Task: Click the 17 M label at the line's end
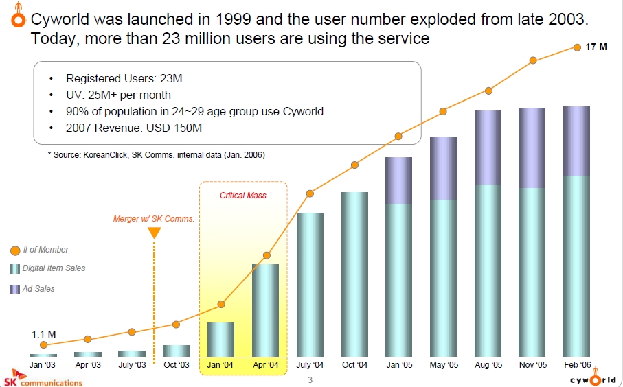(x=596, y=47)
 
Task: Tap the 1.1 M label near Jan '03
(x=44, y=334)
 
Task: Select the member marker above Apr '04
(x=267, y=255)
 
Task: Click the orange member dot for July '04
(x=310, y=193)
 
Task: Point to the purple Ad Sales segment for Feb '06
(x=576, y=141)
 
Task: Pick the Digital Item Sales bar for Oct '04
(x=355, y=274)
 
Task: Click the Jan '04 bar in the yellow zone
(x=221, y=340)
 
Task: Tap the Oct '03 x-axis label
(x=177, y=364)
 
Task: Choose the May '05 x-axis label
(x=444, y=364)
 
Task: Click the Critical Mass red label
(x=242, y=196)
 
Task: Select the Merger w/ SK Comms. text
(x=154, y=219)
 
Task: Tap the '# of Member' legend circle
(x=15, y=250)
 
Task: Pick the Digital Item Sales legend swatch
(x=15, y=269)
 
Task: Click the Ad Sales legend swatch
(x=15, y=289)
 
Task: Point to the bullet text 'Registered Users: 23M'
(x=124, y=78)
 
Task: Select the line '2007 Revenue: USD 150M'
(x=134, y=128)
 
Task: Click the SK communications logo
(x=43, y=378)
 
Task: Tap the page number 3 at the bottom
(x=310, y=380)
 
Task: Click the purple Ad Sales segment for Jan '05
(x=398, y=180)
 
